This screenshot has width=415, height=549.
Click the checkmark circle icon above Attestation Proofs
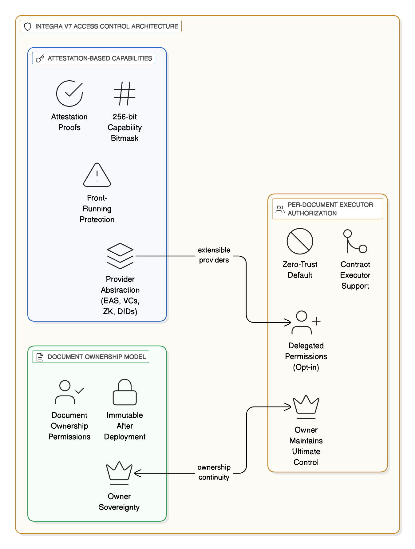69,94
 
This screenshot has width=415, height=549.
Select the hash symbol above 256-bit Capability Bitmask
124,94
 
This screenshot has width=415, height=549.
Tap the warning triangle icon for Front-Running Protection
97,175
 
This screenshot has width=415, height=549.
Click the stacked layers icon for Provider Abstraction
120,256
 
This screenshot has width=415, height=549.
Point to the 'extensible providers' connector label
214,255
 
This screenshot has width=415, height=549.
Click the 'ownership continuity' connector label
214,472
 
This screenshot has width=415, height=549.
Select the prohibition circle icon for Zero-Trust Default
300,241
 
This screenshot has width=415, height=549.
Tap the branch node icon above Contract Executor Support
355,241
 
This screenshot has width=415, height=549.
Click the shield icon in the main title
28,26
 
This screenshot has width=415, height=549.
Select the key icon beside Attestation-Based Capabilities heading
40,58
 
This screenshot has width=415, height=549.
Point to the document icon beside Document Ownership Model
40,357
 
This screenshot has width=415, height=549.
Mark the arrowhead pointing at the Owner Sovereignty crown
137,473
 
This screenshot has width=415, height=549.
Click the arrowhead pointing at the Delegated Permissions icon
288,323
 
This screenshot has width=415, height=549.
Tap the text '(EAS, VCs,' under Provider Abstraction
120,301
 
